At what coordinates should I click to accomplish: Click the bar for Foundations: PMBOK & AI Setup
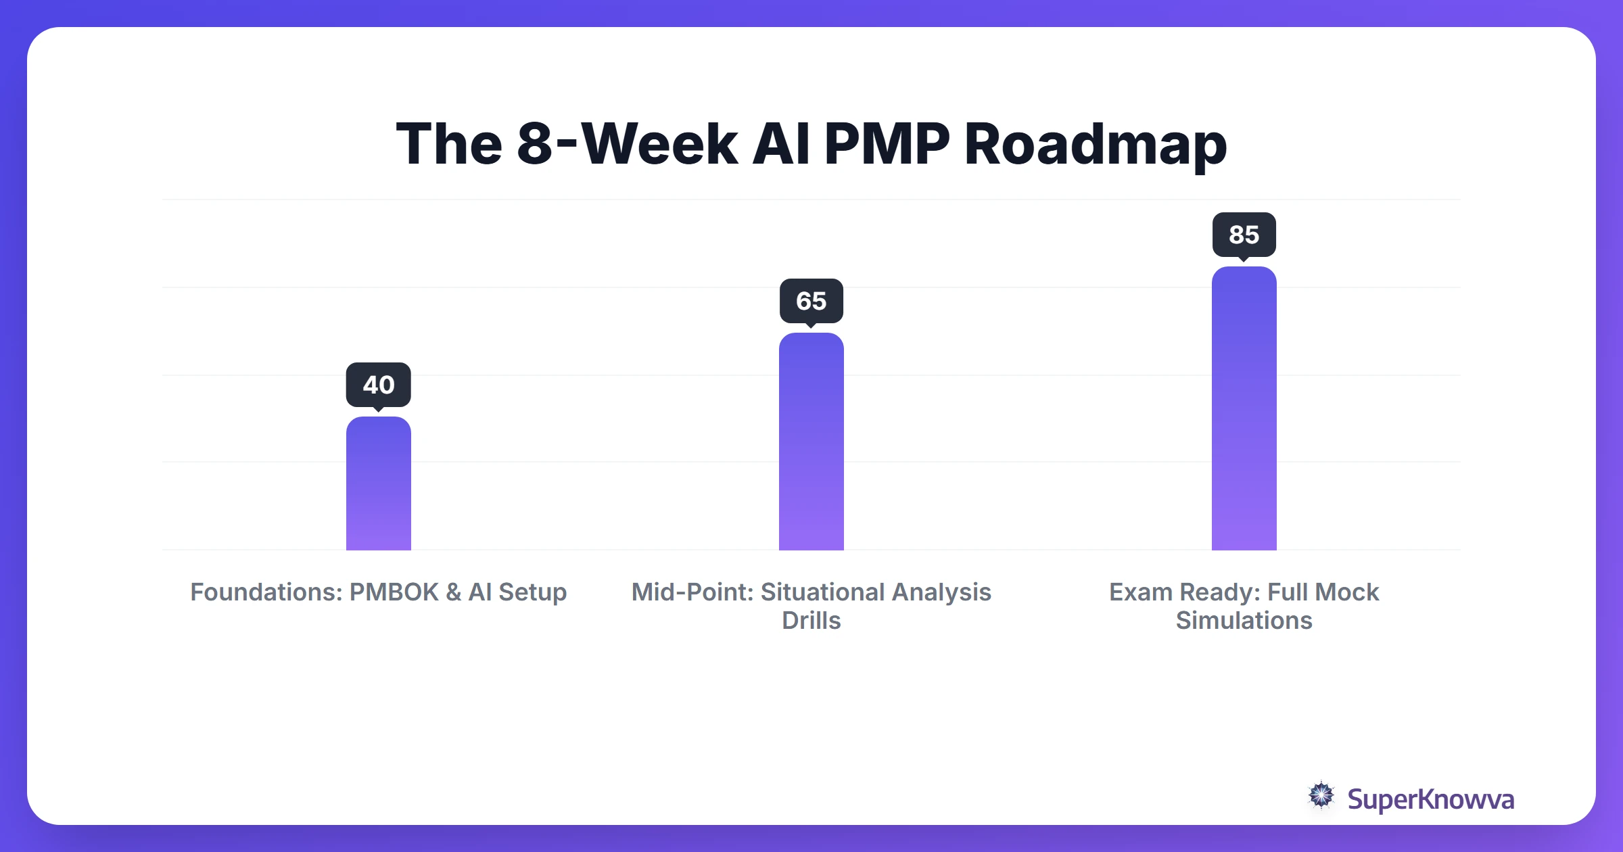click(x=379, y=483)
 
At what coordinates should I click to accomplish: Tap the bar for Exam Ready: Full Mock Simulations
click(x=1244, y=408)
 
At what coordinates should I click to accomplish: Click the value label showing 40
click(x=379, y=385)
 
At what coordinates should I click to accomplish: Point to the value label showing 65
click(x=811, y=301)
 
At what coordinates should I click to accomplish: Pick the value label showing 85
click(x=1244, y=235)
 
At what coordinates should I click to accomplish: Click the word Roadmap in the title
click(x=1095, y=145)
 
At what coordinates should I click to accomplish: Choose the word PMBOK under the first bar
click(x=394, y=592)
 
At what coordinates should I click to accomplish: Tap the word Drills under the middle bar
click(x=811, y=621)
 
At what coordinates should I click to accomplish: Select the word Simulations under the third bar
click(x=1244, y=621)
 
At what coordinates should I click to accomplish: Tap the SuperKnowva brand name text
click(x=1430, y=799)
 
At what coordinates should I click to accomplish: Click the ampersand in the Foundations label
click(x=453, y=592)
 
